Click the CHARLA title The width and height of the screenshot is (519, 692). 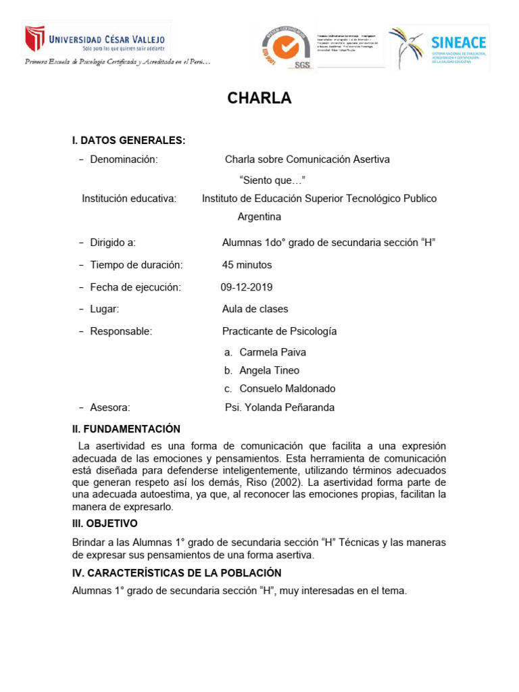point(259,99)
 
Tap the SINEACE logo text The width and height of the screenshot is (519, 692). point(458,43)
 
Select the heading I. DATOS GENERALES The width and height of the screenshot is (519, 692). point(128,141)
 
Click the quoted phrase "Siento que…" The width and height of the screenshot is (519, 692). point(272,180)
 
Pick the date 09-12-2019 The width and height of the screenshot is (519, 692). point(247,287)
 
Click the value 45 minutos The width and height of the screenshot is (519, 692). point(247,265)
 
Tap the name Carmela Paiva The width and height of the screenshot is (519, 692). point(272,352)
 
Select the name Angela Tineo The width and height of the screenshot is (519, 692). point(269,370)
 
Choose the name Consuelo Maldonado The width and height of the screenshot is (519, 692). point(287,389)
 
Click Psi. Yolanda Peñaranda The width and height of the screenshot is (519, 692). point(279,407)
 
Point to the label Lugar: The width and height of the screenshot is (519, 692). point(105,309)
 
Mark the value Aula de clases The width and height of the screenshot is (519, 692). point(255,309)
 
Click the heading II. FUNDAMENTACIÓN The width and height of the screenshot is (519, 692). point(126,429)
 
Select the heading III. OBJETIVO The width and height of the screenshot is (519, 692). point(105,524)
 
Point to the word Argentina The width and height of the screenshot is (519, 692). point(259,217)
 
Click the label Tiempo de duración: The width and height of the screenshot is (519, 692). point(136,265)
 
